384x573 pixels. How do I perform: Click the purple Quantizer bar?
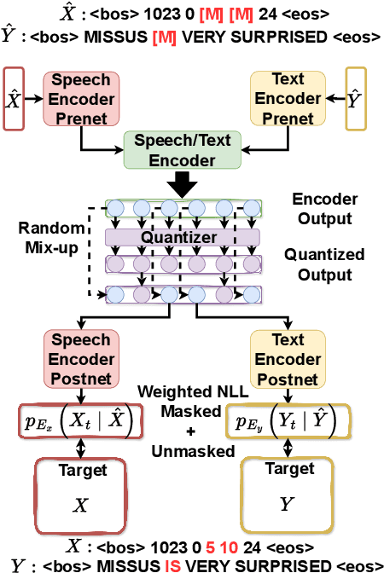coord(183,236)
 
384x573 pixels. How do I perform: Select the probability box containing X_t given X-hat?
coord(79,421)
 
